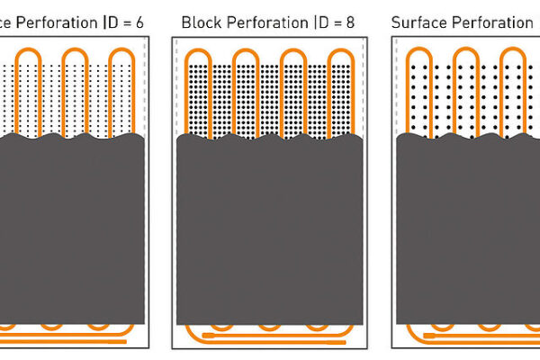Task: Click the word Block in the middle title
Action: (199, 20)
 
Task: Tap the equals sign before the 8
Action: (342, 20)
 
